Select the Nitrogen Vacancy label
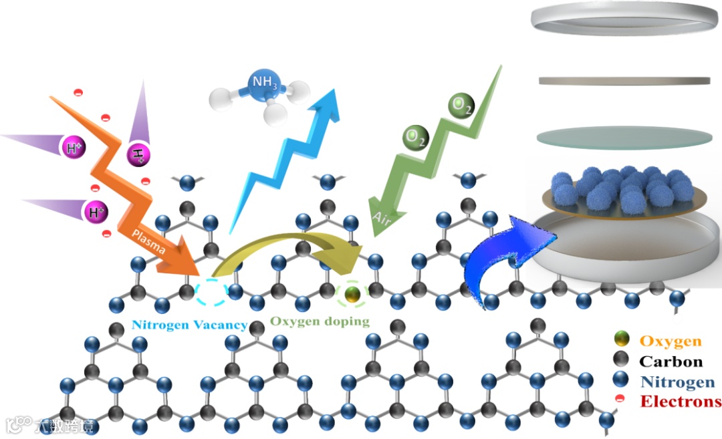point(189,325)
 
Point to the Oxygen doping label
point(320,321)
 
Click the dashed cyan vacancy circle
point(211,291)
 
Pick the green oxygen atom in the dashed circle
point(352,293)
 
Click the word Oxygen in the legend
point(671,341)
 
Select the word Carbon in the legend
point(671,361)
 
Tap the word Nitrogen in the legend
point(671,382)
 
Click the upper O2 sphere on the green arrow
point(460,106)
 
